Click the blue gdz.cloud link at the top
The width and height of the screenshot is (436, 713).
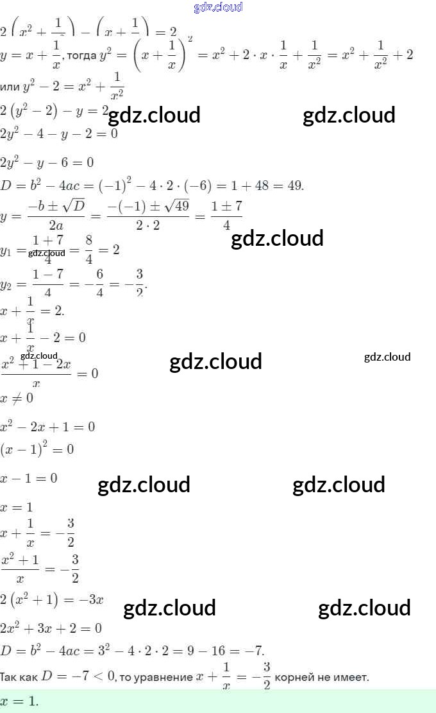pyautogui.click(x=218, y=8)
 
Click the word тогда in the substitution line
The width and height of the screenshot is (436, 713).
pyautogui.click(x=81, y=55)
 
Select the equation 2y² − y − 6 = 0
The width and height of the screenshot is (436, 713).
pyautogui.click(x=47, y=162)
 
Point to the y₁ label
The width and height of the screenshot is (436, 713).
pyautogui.click(x=6, y=251)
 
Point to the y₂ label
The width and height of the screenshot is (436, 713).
pyautogui.click(x=6, y=284)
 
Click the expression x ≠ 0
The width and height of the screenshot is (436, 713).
pyautogui.click(x=17, y=399)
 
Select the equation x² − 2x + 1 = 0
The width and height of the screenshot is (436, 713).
pyautogui.click(x=47, y=427)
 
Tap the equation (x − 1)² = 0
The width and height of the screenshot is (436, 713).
pyautogui.click(x=37, y=449)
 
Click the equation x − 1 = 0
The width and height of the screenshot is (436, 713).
pyautogui.click(x=29, y=478)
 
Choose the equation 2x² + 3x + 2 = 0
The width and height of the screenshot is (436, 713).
pyautogui.click(x=51, y=628)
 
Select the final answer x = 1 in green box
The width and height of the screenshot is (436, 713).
pyautogui.click(x=19, y=701)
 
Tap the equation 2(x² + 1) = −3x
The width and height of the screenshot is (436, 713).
pyautogui.click(x=52, y=601)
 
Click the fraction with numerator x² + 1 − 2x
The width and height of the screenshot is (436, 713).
pyautogui.click(x=37, y=373)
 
